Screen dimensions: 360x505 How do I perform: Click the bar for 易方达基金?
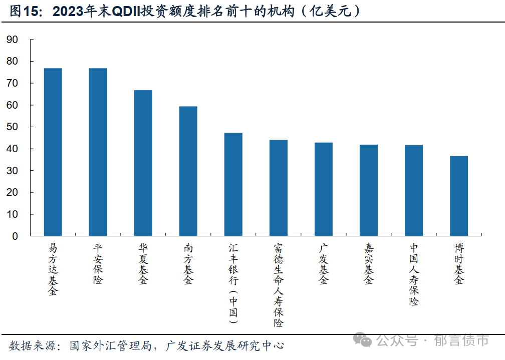(x=53, y=152)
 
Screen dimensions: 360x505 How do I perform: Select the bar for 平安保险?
(x=98, y=152)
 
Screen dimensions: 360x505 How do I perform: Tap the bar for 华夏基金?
(x=143, y=163)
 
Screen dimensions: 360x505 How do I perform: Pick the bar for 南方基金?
(x=188, y=171)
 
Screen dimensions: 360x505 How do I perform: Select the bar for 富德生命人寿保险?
(x=278, y=188)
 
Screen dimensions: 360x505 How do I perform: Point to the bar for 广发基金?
(x=323, y=189)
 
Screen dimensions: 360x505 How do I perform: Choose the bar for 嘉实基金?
(x=368, y=190)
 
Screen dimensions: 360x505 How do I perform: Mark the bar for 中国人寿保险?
(x=413, y=190)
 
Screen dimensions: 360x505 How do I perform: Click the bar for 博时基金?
(x=458, y=196)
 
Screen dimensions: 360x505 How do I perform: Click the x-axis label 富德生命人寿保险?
(x=278, y=285)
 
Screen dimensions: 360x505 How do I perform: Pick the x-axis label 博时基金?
(x=458, y=264)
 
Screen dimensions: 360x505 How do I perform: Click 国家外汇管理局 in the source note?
(x=110, y=345)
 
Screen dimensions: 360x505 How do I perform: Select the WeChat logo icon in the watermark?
(x=363, y=340)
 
